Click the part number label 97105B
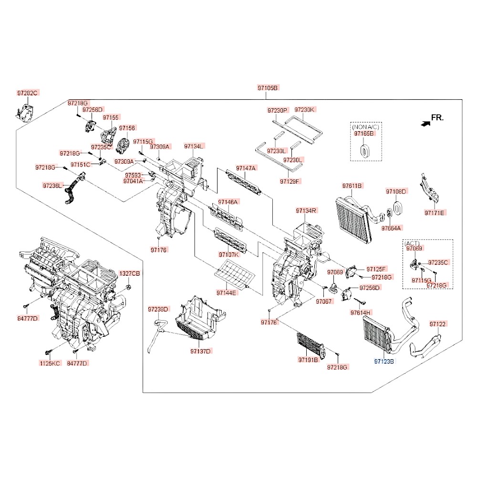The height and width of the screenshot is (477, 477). coord(268,88)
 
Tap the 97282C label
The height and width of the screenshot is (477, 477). coord(27,93)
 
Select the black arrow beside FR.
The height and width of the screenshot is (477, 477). coord(424,123)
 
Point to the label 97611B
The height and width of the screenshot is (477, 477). coord(352,186)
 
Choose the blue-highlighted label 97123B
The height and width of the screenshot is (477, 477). coord(384,362)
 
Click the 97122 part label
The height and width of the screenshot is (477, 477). coord(437,324)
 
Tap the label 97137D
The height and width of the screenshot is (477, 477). coord(200,351)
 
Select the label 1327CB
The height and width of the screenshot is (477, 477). coord(129,273)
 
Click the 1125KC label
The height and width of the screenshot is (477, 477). coord(50,363)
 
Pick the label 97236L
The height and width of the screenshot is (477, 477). coord(52,185)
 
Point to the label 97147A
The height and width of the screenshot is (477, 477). coord(246,168)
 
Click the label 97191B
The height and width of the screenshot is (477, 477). coord(308,359)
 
